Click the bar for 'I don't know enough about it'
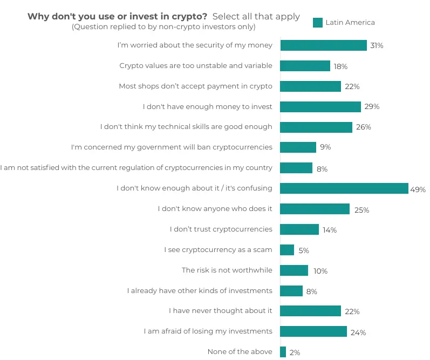point(344,188)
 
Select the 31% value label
point(377,46)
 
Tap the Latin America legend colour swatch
point(318,22)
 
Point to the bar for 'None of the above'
point(283,352)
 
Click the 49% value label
point(418,189)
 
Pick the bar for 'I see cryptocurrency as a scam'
point(287,250)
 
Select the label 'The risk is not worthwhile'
point(227,270)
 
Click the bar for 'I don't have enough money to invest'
point(320,107)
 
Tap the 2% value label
point(295,352)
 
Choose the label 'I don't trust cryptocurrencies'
point(221,229)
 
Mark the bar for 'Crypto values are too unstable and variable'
point(305,66)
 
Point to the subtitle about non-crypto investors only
point(163,26)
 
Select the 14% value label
point(330,230)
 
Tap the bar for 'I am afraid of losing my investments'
point(313,331)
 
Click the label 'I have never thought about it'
point(220,310)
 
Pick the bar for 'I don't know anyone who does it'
point(315,209)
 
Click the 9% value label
point(325,147)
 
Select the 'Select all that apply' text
point(256,16)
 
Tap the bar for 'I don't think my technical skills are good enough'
point(316,127)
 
